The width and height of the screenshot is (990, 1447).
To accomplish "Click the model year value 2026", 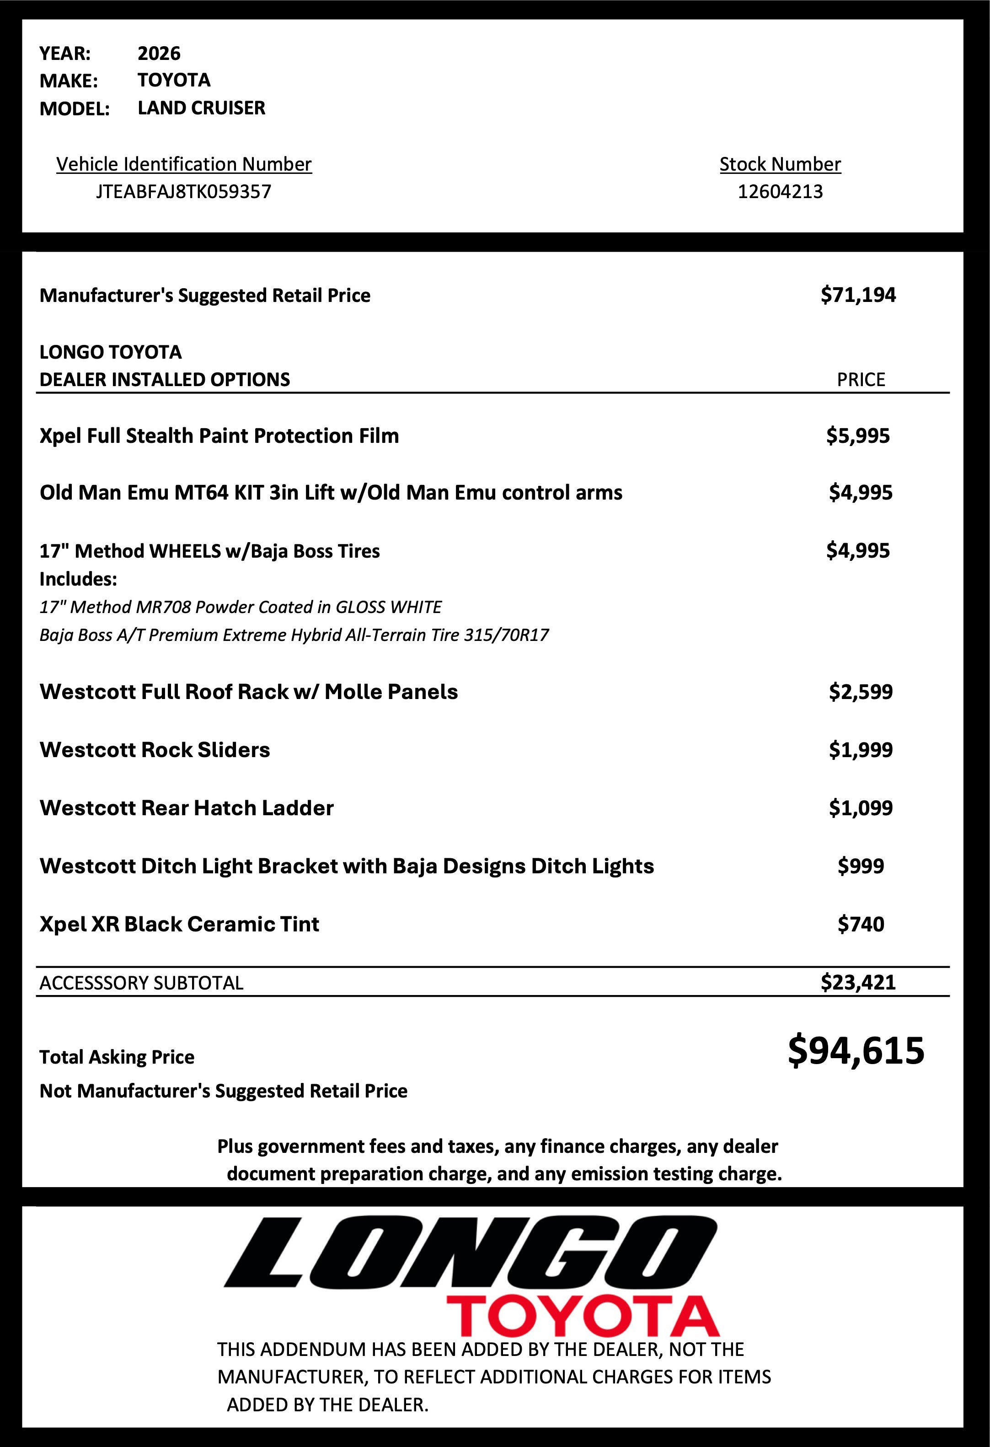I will point(159,54).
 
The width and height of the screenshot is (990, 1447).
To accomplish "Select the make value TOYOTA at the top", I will point(174,81).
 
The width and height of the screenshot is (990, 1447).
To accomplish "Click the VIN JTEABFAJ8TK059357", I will point(183,191).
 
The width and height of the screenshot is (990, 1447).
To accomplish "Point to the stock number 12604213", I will point(780,191).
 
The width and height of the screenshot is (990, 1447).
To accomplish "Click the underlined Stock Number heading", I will point(780,164).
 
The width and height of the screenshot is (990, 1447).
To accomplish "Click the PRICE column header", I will point(861,380).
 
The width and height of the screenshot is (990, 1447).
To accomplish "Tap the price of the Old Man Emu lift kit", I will point(860,493).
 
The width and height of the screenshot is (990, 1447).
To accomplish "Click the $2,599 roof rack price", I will point(860,692).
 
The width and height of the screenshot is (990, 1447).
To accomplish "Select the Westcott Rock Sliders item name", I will point(155,750).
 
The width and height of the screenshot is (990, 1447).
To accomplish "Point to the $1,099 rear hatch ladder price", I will point(860,808).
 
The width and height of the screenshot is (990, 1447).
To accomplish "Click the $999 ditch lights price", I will point(860,866).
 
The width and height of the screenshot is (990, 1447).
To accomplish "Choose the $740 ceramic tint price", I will point(860,924).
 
